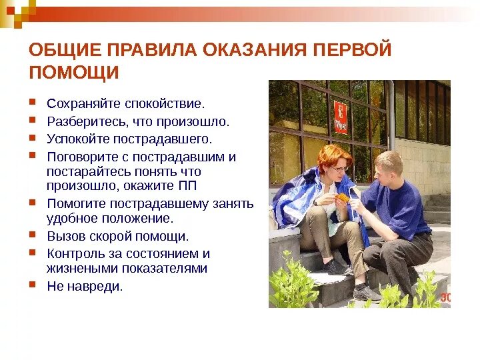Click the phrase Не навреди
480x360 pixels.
[85, 286]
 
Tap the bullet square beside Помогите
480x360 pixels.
[33, 201]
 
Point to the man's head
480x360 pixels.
[388, 165]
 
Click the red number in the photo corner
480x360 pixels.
[445, 298]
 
